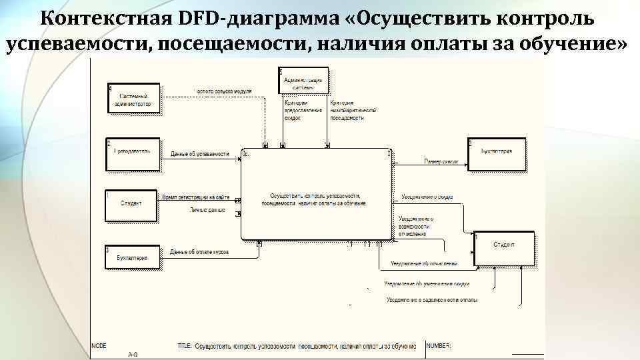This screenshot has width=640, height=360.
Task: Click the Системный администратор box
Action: tap(135, 100)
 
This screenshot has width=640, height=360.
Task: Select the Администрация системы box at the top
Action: tap(304, 82)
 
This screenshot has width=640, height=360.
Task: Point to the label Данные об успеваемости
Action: tap(199, 154)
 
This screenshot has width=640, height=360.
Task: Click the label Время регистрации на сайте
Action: tap(195, 197)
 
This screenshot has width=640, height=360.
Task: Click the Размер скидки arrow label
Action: tap(441, 161)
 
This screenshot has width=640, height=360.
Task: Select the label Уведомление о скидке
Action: tap(427, 197)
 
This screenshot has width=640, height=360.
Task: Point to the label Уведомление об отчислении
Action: tap(424, 264)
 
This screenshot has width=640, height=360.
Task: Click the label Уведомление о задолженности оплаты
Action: tap(431, 300)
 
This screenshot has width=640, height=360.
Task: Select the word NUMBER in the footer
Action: tap(439, 346)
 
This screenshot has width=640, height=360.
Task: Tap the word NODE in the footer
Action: tap(99, 346)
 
